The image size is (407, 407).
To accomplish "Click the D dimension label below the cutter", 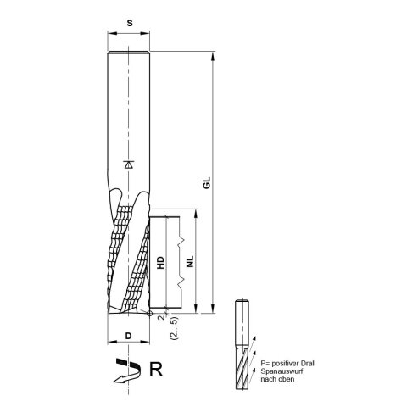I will (x=128, y=337).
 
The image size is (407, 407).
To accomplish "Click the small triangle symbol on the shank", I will (x=128, y=164).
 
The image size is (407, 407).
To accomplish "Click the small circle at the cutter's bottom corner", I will (x=148, y=314).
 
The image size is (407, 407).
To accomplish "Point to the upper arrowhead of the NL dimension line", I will (x=195, y=214).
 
